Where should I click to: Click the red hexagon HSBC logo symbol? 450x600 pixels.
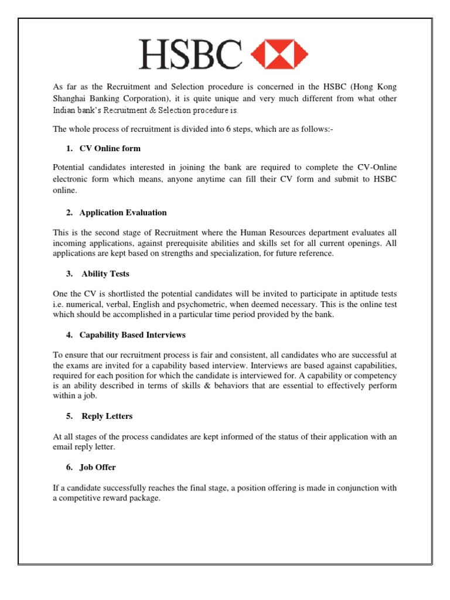tap(279, 54)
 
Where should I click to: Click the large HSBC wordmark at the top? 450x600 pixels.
tap(190, 54)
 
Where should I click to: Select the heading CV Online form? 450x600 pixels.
tap(110, 148)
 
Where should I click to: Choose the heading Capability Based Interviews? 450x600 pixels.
tap(132, 335)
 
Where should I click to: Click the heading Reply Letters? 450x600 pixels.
tap(107, 416)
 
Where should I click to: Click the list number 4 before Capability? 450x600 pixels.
tap(63, 335)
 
